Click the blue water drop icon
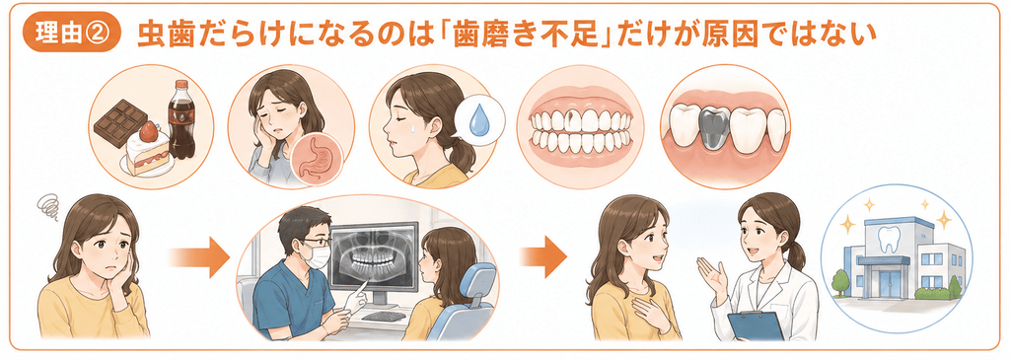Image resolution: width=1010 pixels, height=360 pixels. coord(479,120)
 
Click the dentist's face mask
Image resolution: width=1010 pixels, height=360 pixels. coord(318,256)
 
